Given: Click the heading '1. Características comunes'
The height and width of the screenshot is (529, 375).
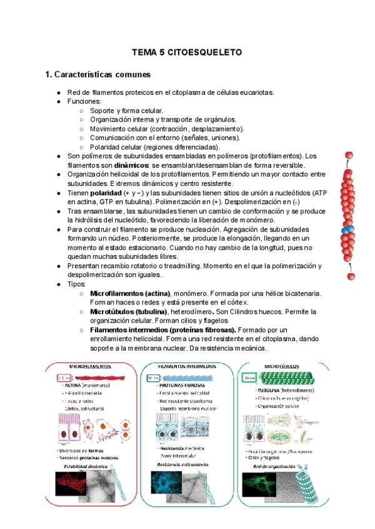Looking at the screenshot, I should coord(98,75).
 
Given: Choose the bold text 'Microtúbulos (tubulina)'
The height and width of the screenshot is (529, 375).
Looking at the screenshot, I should coord(128,311).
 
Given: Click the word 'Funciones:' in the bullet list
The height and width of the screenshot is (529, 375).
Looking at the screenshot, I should coord(84,101).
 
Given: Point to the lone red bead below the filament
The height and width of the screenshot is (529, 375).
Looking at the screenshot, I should coord(351,275).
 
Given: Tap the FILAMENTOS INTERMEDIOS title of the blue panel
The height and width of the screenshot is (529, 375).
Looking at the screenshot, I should coord(187,366).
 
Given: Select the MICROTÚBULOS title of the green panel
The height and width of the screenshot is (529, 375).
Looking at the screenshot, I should coord(281,366).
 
